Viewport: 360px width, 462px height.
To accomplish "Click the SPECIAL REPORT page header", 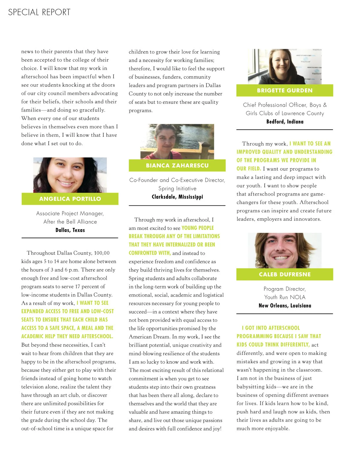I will click(39, 12).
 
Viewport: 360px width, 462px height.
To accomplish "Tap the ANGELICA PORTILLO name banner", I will click(70, 199).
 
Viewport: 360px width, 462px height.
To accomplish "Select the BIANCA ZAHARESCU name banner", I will click(177, 166).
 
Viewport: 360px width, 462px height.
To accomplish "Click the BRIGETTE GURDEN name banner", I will click(284, 91).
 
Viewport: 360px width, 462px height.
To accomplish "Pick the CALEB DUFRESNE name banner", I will click(284, 274).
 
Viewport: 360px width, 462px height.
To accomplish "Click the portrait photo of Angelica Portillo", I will click(70, 175).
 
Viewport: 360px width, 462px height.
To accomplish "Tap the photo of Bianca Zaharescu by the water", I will click(177, 142).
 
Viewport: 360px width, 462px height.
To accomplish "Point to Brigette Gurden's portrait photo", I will click(284, 67).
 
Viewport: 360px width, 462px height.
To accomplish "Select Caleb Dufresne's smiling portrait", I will click(284, 250).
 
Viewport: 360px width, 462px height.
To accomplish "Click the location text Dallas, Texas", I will click(70, 230).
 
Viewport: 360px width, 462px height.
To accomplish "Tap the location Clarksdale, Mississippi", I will click(177, 197).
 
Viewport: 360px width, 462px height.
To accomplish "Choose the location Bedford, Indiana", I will click(284, 122).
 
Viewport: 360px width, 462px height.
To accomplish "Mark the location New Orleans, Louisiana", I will click(284, 306).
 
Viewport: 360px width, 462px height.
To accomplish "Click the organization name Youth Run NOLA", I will click(284, 297).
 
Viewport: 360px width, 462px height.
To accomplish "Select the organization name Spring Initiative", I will click(177, 189).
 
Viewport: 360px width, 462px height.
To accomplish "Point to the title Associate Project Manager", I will click(70, 214).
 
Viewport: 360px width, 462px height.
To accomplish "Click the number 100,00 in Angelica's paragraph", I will click(102, 253).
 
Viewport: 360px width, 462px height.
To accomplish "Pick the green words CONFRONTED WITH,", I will click(149, 253).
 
